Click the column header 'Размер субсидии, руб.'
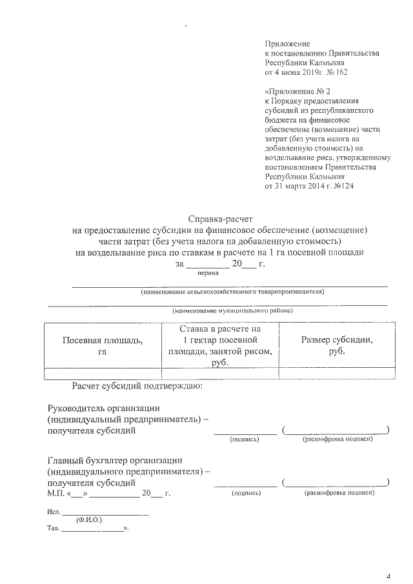pyautogui.click(x=336, y=346)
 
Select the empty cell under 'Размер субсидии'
pyautogui.click(x=336, y=372)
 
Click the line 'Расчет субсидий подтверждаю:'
pyautogui.click(x=137, y=387)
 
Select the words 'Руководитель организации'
pyautogui.click(x=104, y=408)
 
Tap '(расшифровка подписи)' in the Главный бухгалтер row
pyautogui.click(x=338, y=492)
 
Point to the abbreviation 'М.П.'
pyautogui.click(x=57, y=493)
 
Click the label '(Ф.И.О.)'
pyautogui.click(x=88, y=519)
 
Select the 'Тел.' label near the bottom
pyautogui.click(x=53, y=529)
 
